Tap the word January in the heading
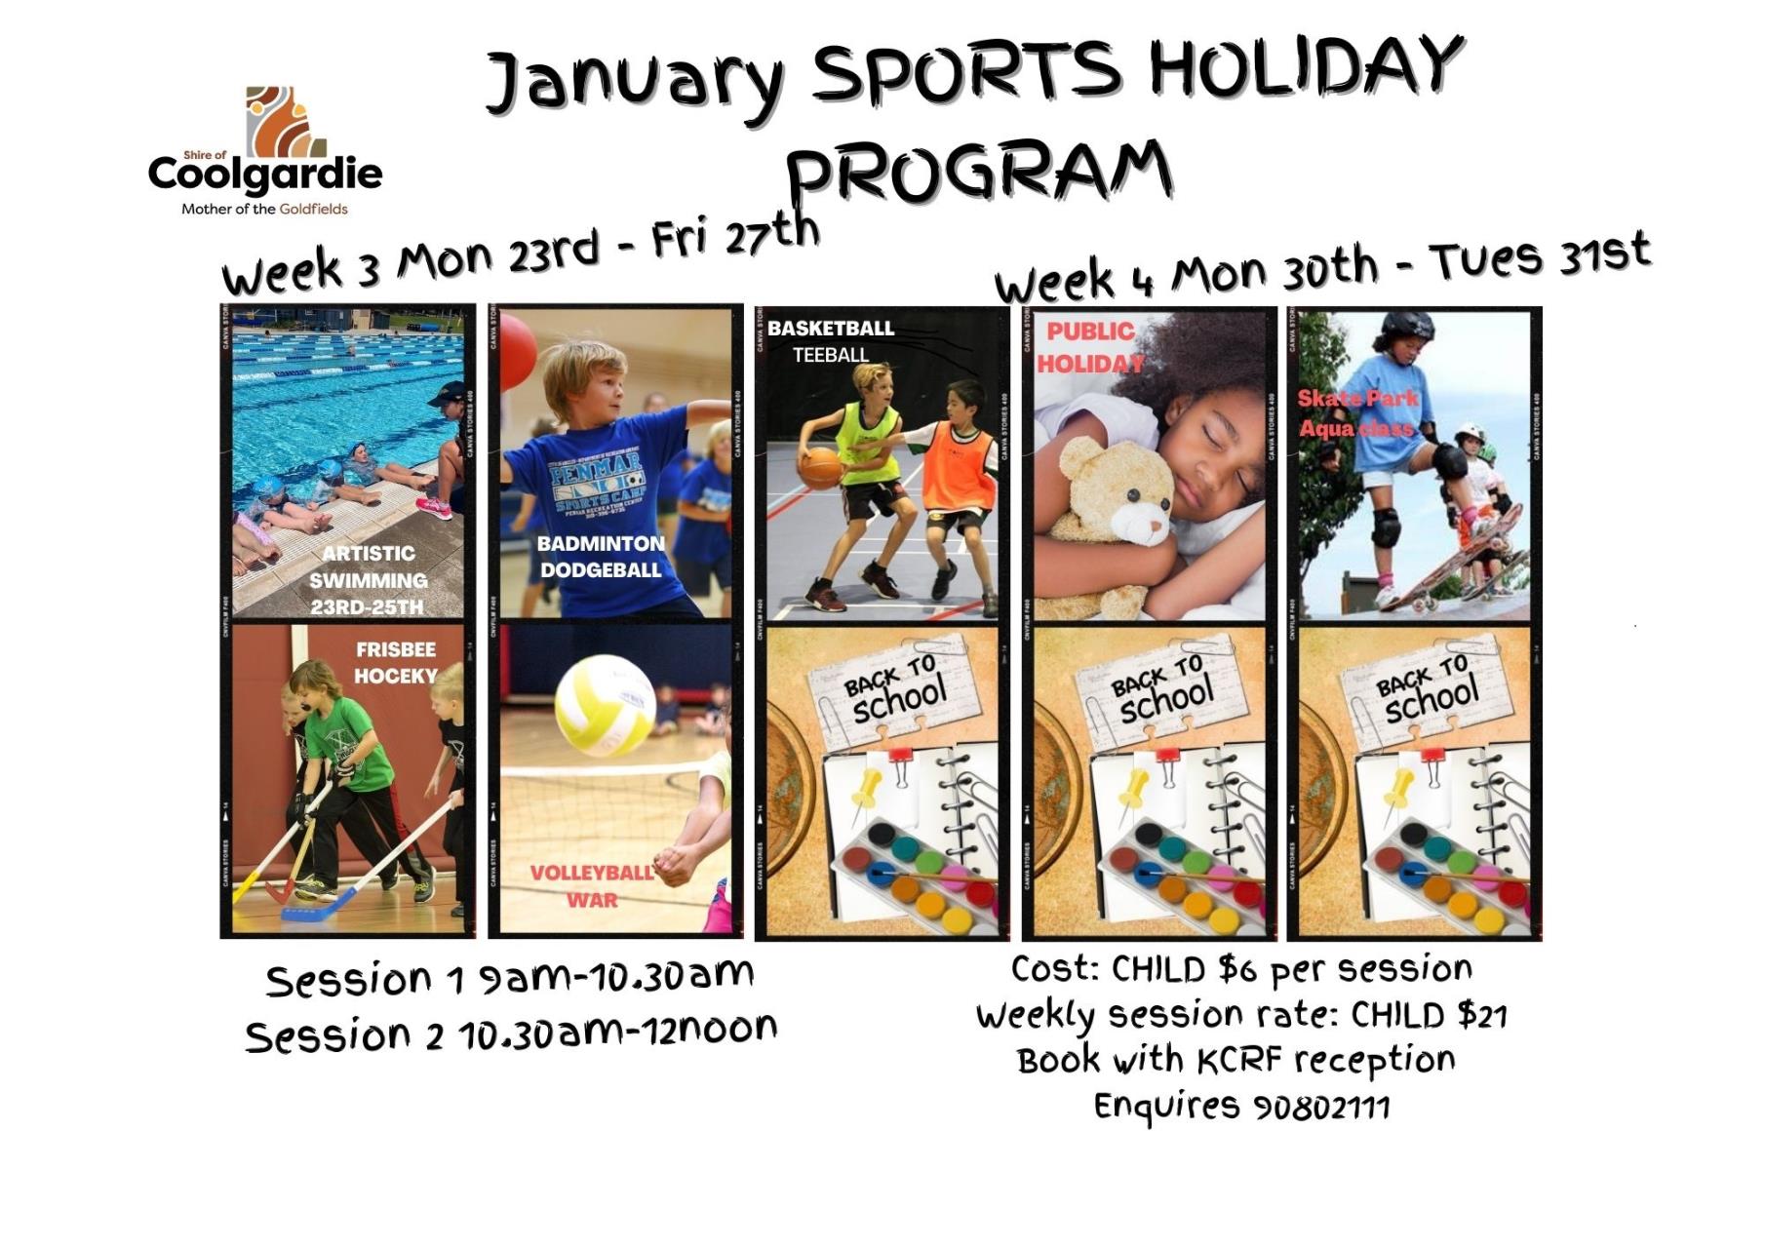[634, 79]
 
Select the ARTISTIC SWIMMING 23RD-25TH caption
[368, 580]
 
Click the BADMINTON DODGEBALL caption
[601, 557]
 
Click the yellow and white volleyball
[605, 704]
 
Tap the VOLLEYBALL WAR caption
[592, 885]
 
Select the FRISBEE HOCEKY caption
[396, 662]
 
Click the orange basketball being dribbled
[821, 467]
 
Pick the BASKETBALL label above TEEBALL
[830, 329]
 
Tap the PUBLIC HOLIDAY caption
[1090, 347]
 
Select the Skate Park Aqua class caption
[1356, 413]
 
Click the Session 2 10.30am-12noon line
[511, 1034]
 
